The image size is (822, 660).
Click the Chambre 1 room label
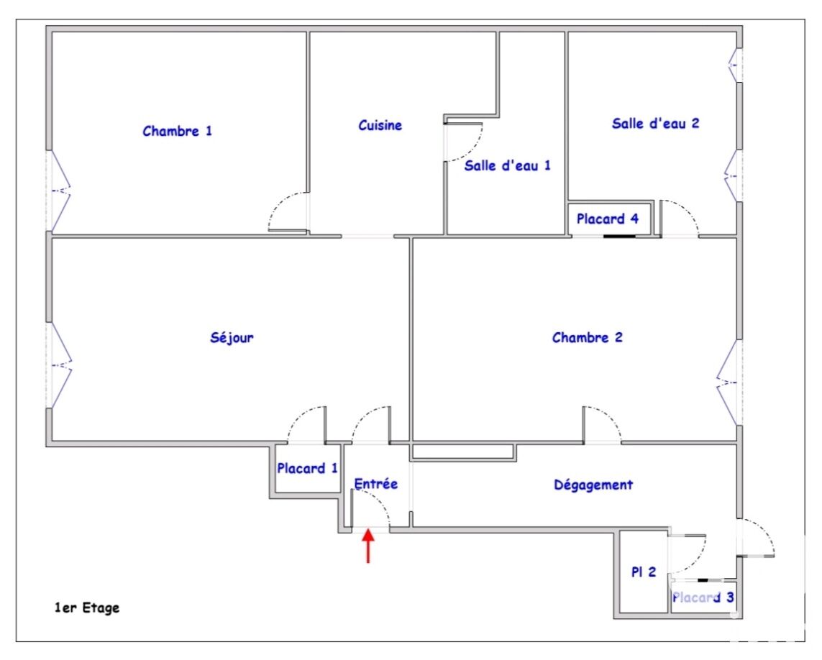tap(177, 131)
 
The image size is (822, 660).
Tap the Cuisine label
tap(380, 125)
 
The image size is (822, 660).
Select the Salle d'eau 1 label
tap(508, 165)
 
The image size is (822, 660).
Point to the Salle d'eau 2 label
tap(655, 123)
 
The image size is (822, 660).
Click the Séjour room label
tap(232, 338)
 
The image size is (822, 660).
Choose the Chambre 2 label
tap(587, 337)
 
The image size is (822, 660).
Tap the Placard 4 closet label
tap(608, 219)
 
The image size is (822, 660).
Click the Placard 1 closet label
tap(307, 468)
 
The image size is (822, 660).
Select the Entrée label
tap(376, 484)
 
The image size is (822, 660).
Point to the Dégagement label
tap(593, 485)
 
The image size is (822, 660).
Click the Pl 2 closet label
tap(643, 572)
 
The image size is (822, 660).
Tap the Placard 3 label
tap(703, 597)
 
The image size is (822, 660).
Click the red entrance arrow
tap(368, 546)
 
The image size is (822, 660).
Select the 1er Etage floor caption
tap(87, 608)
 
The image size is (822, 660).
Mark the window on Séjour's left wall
tap(59, 365)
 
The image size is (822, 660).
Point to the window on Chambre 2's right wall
tap(729, 382)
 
